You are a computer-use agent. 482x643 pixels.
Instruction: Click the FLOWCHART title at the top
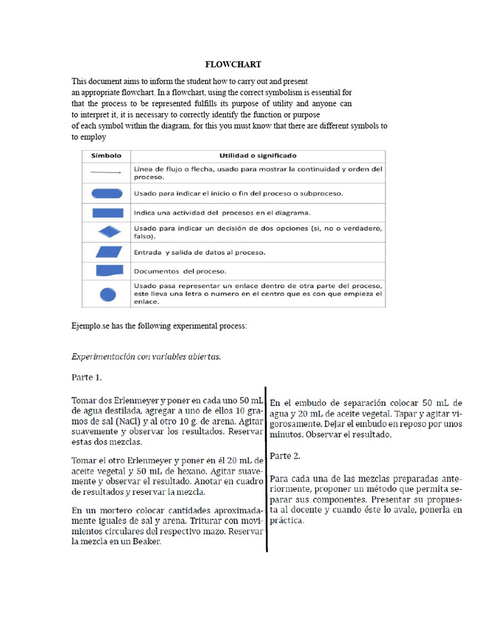pos(233,65)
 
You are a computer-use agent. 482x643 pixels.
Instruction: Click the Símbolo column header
pos(107,155)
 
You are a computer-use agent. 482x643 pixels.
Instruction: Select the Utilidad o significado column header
pos(257,155)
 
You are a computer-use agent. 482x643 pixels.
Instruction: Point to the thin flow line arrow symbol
pos(107,173)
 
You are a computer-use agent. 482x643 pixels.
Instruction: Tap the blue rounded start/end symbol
pos(107,193)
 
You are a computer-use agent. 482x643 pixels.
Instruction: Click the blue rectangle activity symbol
pos(107,212)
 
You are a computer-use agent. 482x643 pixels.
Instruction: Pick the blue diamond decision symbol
pos(107,232)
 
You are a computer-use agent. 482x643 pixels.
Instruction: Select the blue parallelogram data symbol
pos(107,252)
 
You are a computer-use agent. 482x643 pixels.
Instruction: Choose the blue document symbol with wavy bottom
pos(107,271)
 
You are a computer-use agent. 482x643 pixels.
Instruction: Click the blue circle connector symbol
pos(107,293)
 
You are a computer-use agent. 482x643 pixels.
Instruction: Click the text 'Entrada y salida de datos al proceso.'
pos(199,252)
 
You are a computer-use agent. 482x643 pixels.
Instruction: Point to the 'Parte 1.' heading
pos(87,378)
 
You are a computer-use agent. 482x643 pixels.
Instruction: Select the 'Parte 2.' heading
pos(286,455)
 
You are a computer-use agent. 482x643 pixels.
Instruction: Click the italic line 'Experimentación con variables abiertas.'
pos(146,356)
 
